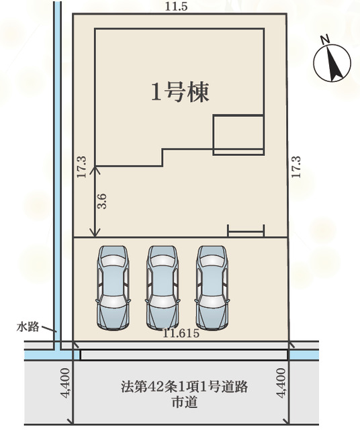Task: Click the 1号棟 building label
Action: pos(180,92)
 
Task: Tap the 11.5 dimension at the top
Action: pos(176,7)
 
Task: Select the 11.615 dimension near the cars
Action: pos(181,333)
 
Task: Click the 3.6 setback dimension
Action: pos(103,202)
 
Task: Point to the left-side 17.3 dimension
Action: pos(81,167)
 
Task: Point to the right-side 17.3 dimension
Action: pos(296,167)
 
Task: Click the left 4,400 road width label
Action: pos(65,383)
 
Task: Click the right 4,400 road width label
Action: pos(281,383)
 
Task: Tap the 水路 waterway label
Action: pos(28,327)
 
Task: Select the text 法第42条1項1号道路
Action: pos(185,387)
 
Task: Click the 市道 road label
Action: pos(185,402)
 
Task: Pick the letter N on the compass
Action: pos(326,40)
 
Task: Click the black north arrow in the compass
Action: pos(334,64)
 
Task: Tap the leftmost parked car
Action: pos(113,288)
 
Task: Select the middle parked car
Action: pos(163,288)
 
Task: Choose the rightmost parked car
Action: pos(212,288)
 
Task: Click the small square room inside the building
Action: pos(238,116)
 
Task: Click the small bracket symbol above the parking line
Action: pos(246,232)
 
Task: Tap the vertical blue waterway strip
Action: pos(57,175)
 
